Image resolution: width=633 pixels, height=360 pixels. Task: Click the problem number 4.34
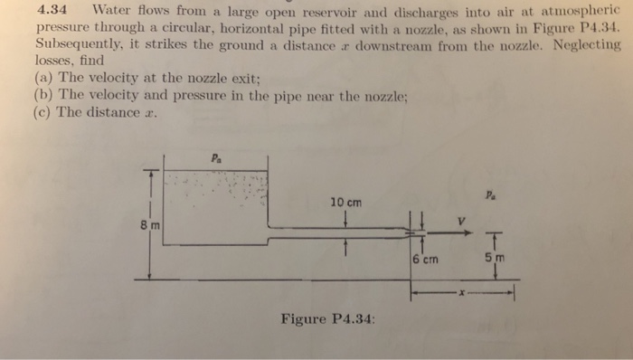(x=57, y=12)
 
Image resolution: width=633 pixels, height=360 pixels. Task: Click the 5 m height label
(x=496, y=258)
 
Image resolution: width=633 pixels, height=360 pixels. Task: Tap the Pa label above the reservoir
(x=215, y=154)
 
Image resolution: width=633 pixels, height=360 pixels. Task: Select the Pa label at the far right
(x=489, y=193)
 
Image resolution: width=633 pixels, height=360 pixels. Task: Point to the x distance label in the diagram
(x=461, y=292)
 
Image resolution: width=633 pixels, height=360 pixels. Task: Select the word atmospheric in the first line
(x=578, y=13)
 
